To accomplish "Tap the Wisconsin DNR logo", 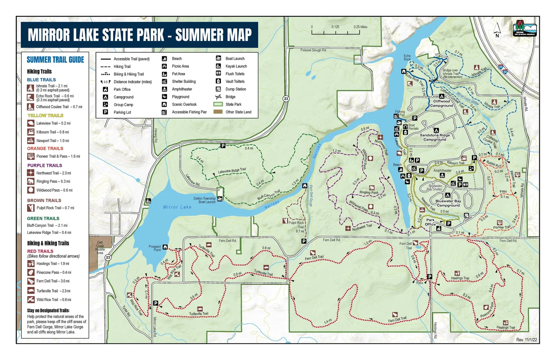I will pos(524,28).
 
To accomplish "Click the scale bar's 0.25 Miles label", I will pos(360,27).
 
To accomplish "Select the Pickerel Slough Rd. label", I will pos(313,50).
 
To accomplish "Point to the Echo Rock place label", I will pos(407,57).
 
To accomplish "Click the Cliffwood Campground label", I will pos(441,103).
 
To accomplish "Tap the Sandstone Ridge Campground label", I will pos(435,138).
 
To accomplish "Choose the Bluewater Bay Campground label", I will pos(448,203).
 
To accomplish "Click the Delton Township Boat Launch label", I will pos(204,200).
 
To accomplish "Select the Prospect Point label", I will pos(155,248).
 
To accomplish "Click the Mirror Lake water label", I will pos(177,207).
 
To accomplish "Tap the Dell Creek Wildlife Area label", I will pos(100,248).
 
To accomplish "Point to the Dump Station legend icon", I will pos(219,89).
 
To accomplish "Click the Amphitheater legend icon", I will pos(164,89).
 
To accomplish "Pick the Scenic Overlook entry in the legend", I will pos(184,105).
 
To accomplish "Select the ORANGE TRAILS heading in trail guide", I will pos(45,148).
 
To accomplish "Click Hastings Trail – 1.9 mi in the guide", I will pos(53,264).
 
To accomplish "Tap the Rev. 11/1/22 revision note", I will pos(526,340).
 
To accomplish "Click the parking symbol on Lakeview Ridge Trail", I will pos(223,146).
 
